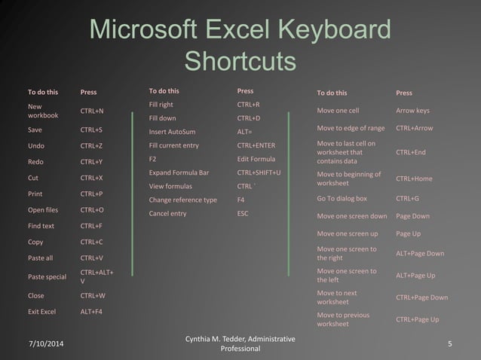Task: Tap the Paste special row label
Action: coord(47,276)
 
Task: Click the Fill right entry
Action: coord(161,105)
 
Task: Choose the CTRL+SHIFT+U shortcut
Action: coord(259,172)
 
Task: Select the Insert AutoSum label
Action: coord(173,132)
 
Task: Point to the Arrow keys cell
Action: coord(412,111)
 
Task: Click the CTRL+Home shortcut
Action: coord(414,178)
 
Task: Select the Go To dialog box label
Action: coord(342,199)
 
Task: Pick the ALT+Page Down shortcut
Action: coord(420,254)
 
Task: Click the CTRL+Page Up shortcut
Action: coord(417,319)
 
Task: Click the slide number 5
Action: coord(449,344)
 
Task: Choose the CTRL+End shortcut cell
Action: coord(411,152)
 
